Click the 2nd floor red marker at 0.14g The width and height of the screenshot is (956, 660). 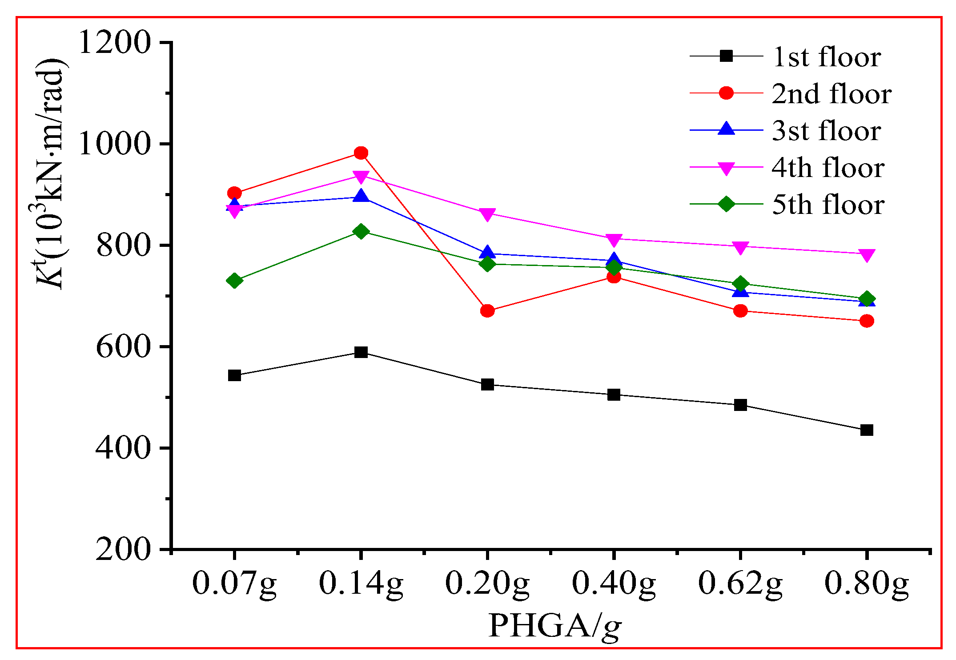coord(361,153)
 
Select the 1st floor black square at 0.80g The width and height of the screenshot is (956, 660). coord(867,430)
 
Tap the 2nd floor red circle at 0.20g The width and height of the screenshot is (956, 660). coord(487,310)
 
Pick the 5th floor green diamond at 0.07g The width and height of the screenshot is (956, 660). coord(234,281)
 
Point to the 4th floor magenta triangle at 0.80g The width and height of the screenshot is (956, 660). coord(867,255)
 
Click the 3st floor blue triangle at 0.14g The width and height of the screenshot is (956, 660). coord(361,197)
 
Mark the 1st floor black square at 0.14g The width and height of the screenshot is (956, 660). coord(361,352)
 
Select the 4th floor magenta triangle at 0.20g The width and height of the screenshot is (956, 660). coord(487,214)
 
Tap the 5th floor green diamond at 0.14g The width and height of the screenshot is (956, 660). coord(361,231)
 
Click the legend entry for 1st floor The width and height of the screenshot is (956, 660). coord(827,57)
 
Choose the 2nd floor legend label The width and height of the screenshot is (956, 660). coord(831,94)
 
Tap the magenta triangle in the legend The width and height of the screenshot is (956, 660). coord(726,168)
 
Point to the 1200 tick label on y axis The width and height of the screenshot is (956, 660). coord(114,43)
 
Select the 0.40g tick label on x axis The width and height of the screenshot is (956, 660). coord(614,584)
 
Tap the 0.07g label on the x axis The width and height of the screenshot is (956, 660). coord(234,584)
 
